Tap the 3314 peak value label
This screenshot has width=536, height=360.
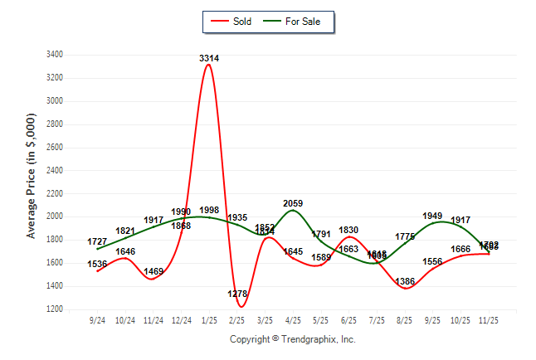click(x=209, y=58)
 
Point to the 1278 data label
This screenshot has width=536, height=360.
click(x=237, y=294)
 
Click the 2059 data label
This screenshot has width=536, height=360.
click(x=293, y=203)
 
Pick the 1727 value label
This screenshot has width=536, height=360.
click(x=98, y=241)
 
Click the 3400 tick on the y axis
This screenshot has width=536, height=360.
click(x=55, y=55)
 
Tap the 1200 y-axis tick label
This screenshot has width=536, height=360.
click(x=55, y=309)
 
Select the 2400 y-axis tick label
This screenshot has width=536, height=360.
click(x=55, y=170)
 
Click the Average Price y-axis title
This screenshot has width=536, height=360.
click(x=32, y=182)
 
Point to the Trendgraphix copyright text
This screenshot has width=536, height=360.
click(x=292, y=339)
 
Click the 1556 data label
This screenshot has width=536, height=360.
click(x=433, y=262)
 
